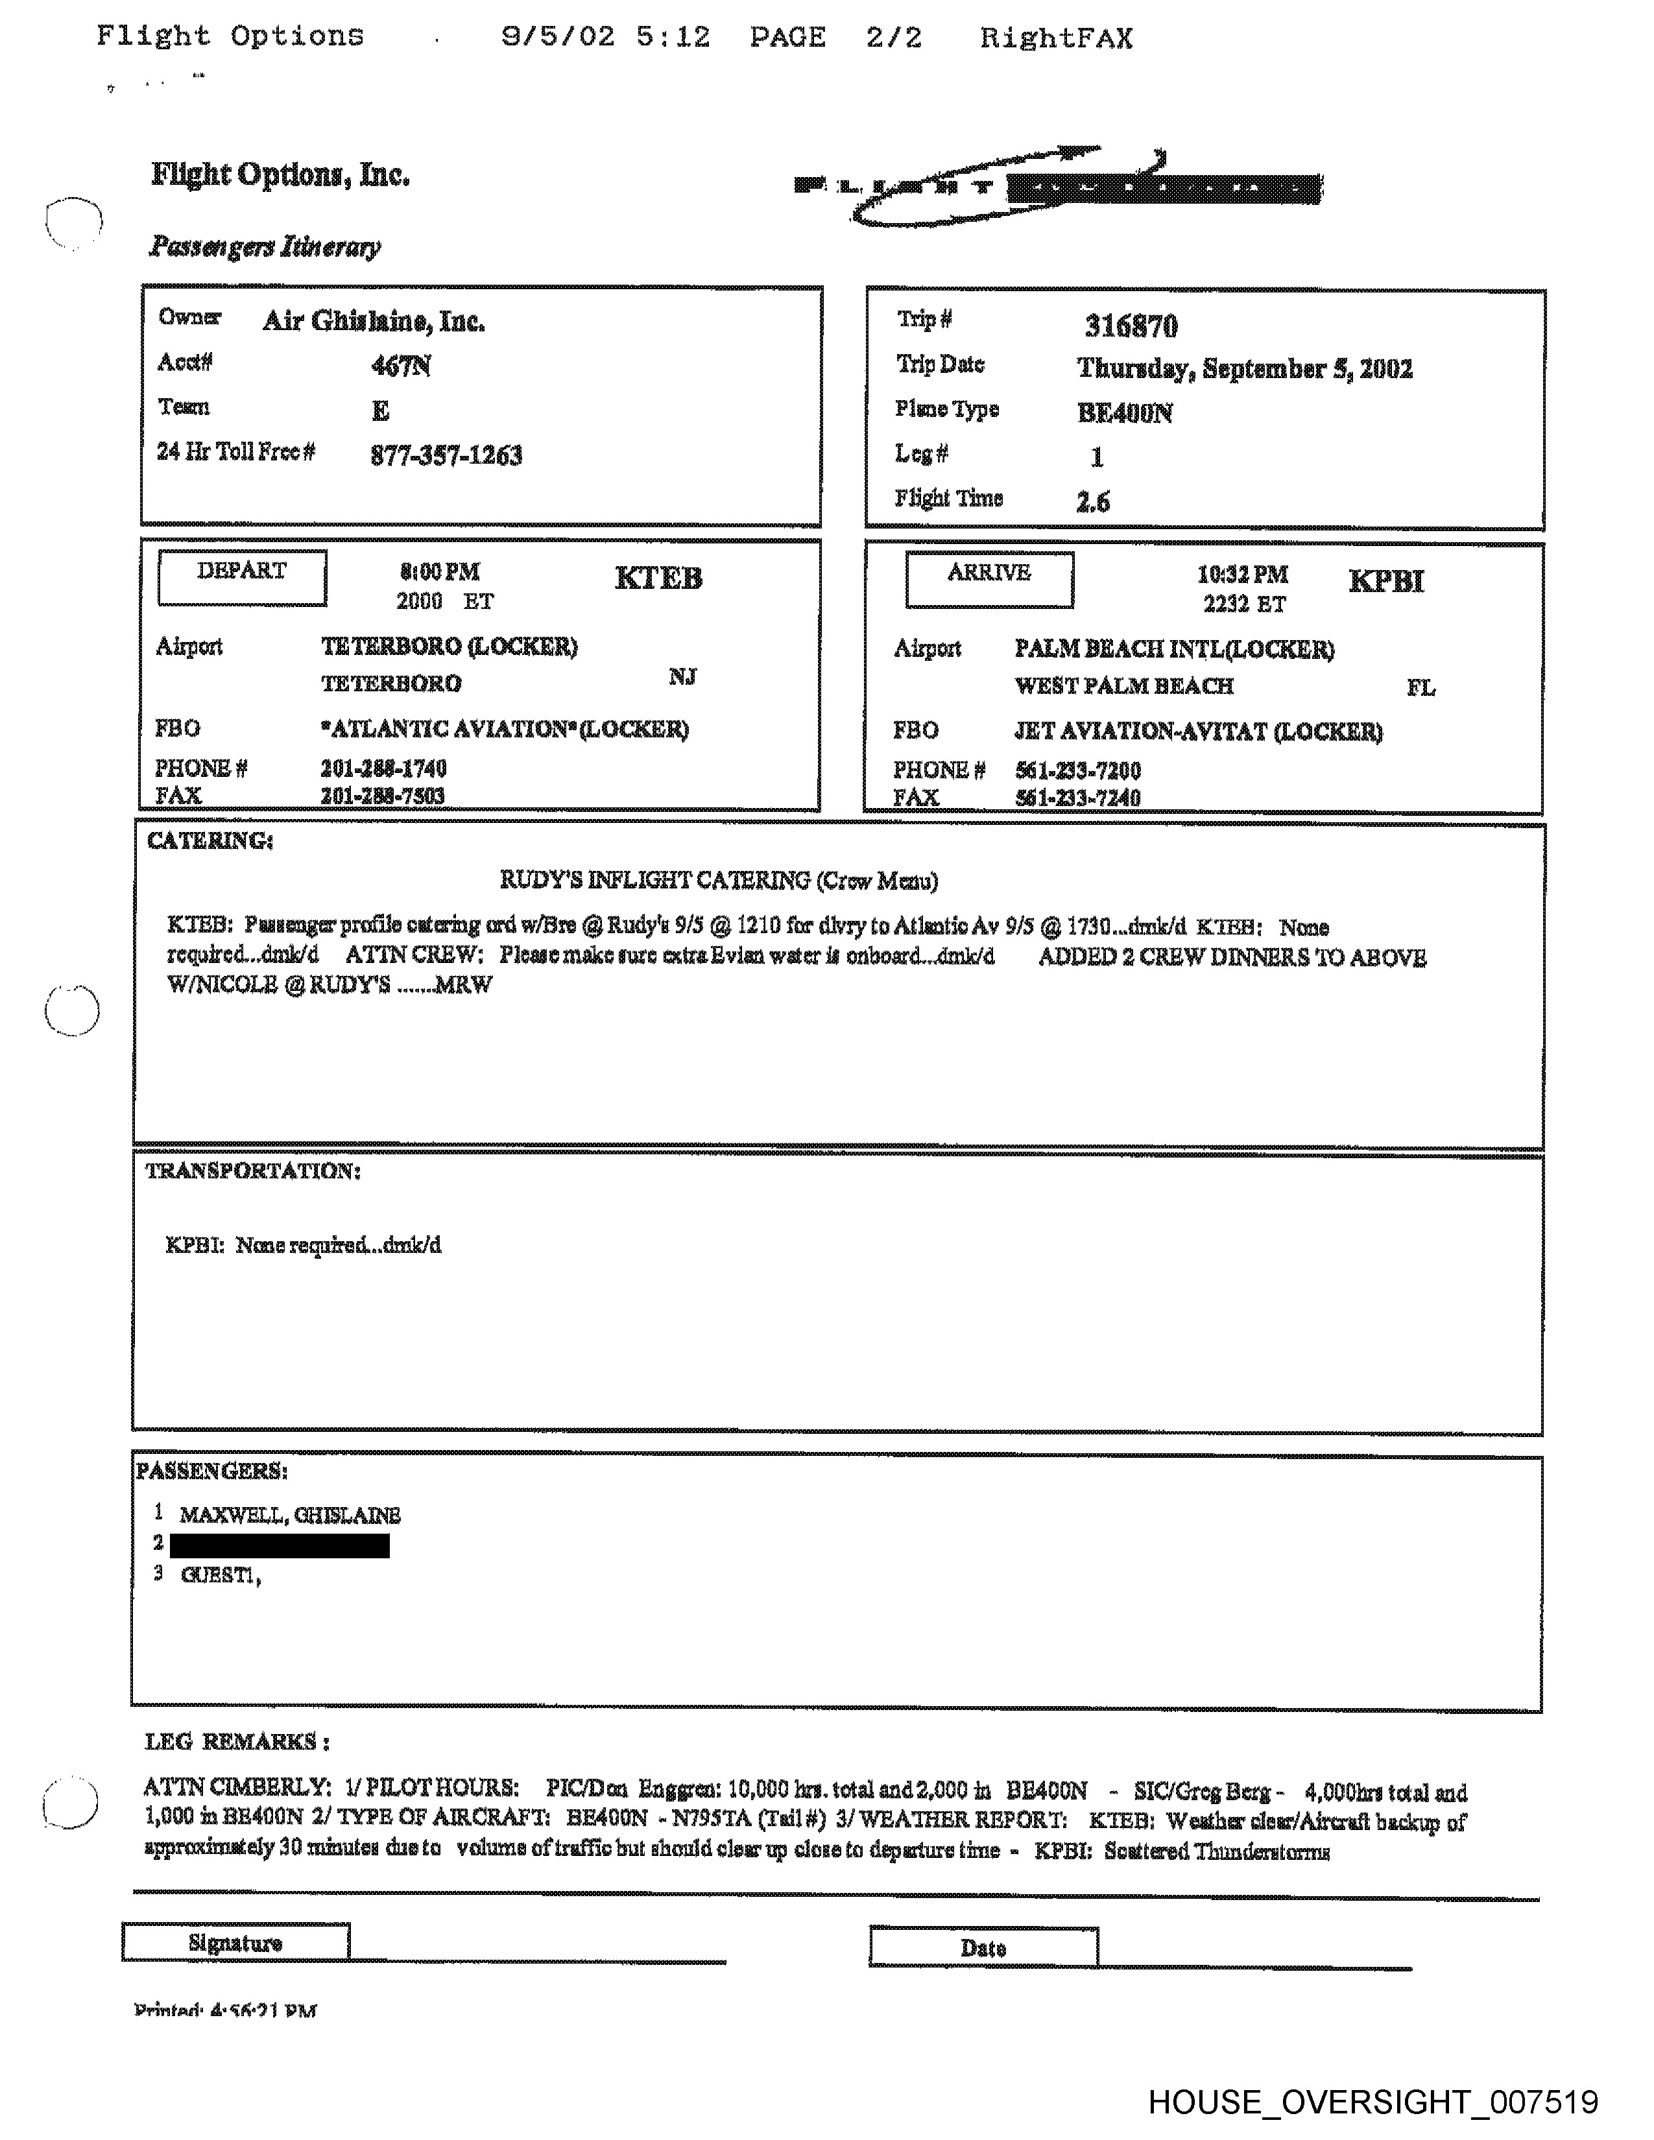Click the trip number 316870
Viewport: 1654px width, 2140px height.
pyautogui.click(x=1131, y=326)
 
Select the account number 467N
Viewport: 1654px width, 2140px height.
pyautogui.click(x=401, y=366)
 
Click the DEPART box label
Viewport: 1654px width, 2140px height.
pyautogui.click(x=242, y=578)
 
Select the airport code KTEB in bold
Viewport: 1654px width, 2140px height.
pyautogui.click(x=658, y=578)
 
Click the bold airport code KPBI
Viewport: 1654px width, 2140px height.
pyautogui.click(x=1385, y=581)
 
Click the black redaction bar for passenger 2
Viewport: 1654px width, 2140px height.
pyautogui.click(x=280, y=1545)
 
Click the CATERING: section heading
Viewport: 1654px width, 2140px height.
pyautogui.click(x=210, y=840)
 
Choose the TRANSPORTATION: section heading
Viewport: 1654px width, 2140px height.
pyautogui.click(x=253, y=1171)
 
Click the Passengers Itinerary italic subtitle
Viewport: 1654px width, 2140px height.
pyautogui.click(x=265, y=246)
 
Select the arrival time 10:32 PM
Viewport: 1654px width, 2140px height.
pyautogui.click(x=1241, y=574)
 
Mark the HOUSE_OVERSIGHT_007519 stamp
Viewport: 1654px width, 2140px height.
pyautogui.click(x=1372, y=2102)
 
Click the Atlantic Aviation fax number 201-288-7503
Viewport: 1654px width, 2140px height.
pyautogui.click(x=382, y=796)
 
